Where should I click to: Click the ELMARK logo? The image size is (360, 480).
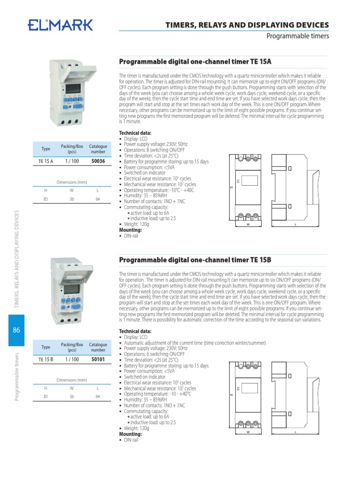tap(60, 25)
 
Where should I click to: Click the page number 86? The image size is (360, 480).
tap(16, 330)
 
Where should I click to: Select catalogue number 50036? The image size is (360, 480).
tap(98, 161)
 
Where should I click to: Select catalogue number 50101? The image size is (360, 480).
tap(98, 360)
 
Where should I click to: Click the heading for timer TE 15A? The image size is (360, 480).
tap(195, 61)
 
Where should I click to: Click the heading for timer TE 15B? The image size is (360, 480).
tap(195, 260)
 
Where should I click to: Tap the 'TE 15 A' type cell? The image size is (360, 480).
tap(45, 161)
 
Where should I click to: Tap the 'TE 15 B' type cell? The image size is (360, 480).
tap(45, 360)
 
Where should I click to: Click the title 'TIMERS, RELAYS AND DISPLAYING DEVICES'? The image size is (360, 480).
tap(248, 25)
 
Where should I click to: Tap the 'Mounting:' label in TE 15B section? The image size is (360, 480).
tap(130, 434)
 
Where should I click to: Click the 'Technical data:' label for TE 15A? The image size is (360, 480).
tap(135, 133)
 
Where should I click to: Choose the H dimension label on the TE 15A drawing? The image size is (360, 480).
tap(231, 187)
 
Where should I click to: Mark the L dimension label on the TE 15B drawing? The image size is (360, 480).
tap(296, 432)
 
